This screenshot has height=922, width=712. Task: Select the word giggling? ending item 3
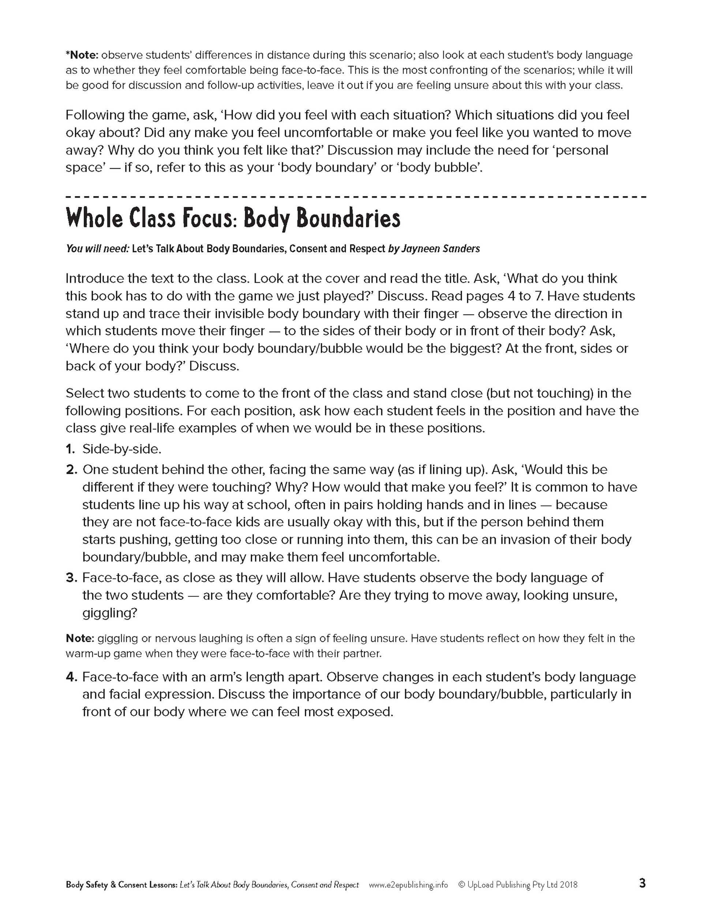[110, 613]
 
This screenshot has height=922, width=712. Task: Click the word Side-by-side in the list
[121, 449]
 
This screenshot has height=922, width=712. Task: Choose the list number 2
[71, 469]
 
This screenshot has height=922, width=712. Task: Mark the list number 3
[71, 577]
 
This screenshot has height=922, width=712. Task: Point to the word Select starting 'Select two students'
[84, 394]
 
